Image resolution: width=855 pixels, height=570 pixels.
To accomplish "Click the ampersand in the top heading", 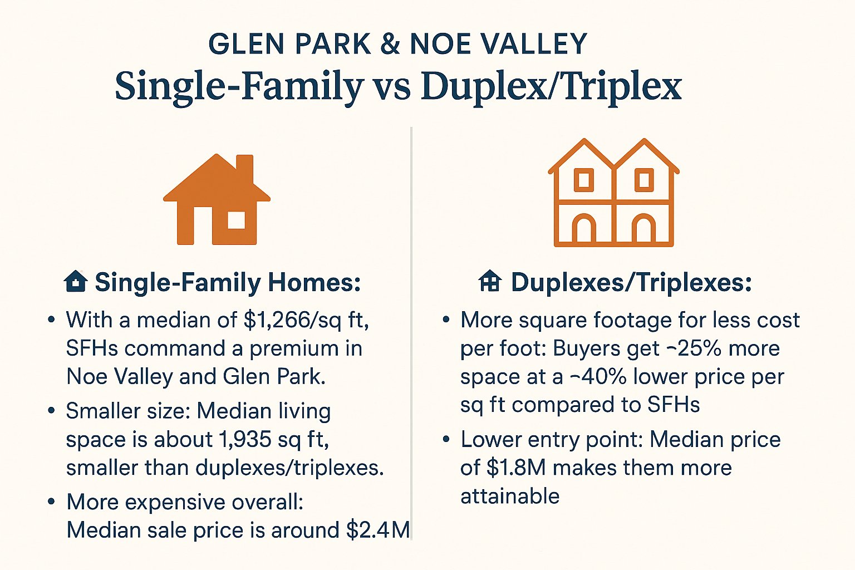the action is click(390, 44).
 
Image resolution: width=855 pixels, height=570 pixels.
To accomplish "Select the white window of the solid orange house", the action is click(236, 220).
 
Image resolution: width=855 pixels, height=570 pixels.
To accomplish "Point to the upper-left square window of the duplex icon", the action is click(583, 180).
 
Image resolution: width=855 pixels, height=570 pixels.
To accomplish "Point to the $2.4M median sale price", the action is click(378, 530).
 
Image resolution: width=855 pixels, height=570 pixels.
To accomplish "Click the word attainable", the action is click(510, 496).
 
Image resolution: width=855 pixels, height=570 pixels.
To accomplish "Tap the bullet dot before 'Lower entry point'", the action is click(446, 439).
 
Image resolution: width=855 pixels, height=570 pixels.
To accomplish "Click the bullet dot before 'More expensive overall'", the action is click(52, 502).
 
